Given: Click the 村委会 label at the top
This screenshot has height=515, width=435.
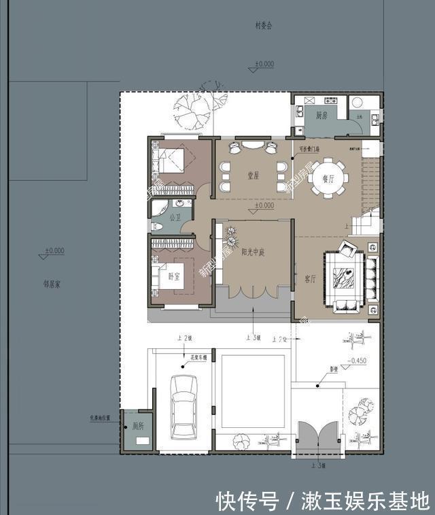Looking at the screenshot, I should point(264,26).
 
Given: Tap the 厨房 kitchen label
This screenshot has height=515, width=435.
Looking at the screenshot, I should point(323,116).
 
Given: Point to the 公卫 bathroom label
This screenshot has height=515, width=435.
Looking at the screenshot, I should point(175,218).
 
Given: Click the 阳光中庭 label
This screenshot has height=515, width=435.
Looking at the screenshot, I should point(252,252).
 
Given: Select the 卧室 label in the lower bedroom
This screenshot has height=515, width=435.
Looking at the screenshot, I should point(175,276).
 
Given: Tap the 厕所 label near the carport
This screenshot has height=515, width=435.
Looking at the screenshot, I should point(138,426).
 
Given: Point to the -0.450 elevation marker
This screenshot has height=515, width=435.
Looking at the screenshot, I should point(358,361).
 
